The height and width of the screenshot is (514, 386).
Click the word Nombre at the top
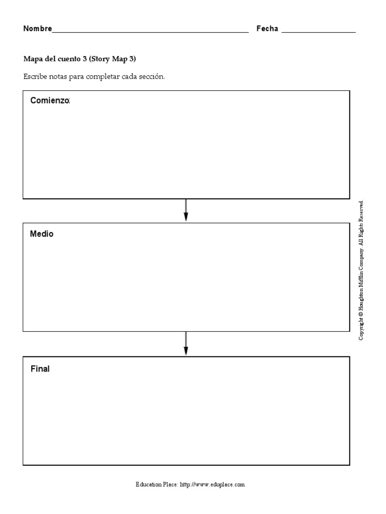(x=37, y=29)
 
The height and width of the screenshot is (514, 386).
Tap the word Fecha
(x=267, y=29)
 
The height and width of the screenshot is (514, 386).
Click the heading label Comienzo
(x=50, y=100)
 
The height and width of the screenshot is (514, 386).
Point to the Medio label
(x=42, y=234)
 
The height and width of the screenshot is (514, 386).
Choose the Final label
(x=40, y=369)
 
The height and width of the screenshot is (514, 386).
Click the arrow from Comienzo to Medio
(x=186, y=210)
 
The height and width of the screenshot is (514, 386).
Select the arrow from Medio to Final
(x=186, y=344)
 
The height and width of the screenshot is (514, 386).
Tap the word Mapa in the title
(x=32, y=59)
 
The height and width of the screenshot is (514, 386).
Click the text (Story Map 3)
(x=113, y=59)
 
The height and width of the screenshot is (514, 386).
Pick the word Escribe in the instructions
(x=35, y=77)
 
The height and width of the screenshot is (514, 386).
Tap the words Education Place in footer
(x=156, y=485)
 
